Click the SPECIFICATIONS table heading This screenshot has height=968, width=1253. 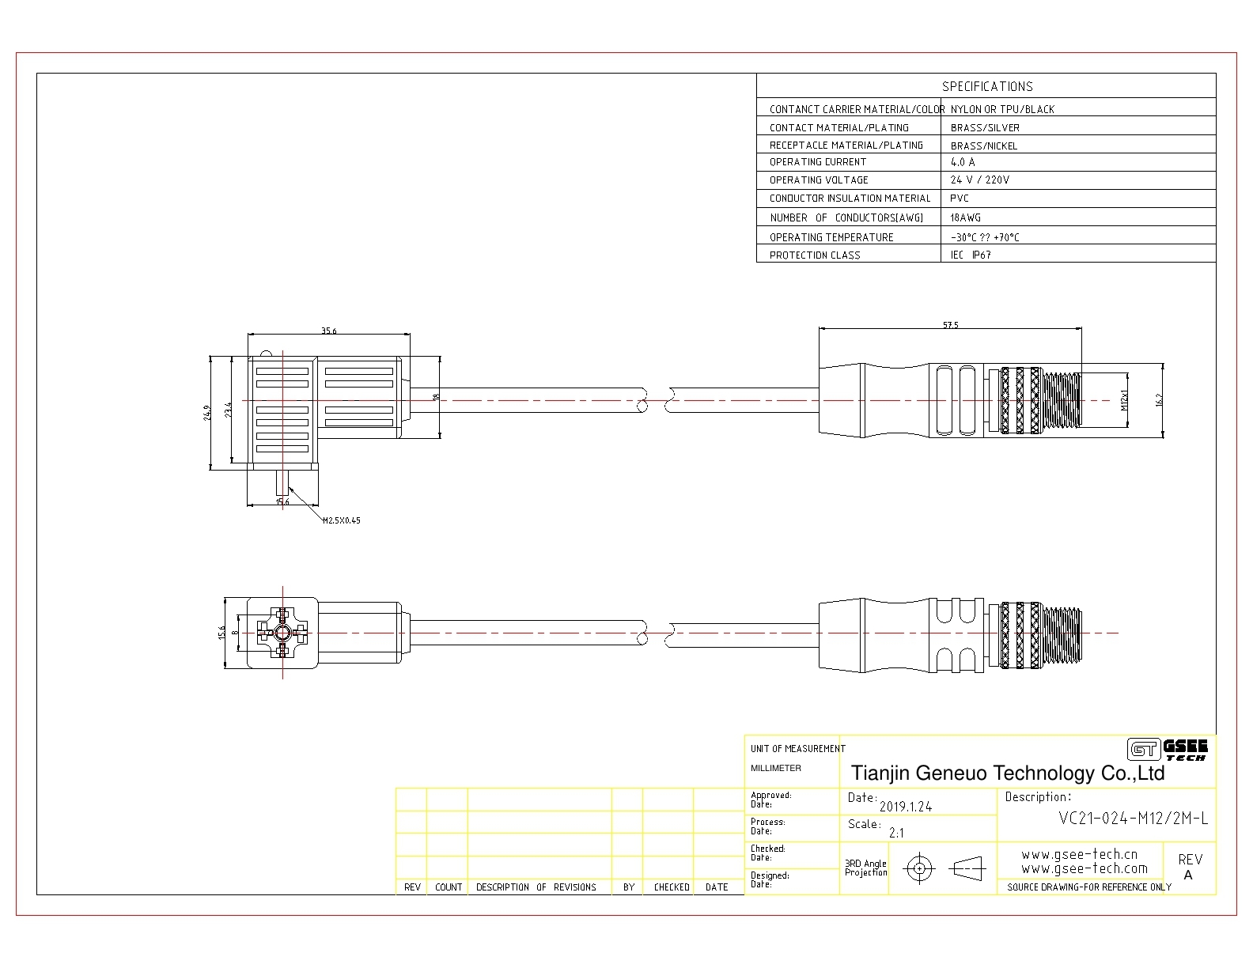(987, 86)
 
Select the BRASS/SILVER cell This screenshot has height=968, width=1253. (985, 128)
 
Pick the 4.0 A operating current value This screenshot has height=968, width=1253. (963, 162)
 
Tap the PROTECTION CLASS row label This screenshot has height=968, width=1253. (815, 255)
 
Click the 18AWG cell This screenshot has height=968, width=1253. (965, 218)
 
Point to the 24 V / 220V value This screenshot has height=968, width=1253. (979, 180)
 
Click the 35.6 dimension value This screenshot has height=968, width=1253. (328, 331)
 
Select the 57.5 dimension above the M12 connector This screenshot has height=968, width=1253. (950, 325)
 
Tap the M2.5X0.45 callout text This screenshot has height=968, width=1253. (342, 520)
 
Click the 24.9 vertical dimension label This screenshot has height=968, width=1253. (207, 413)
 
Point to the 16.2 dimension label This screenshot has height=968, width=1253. (1159, 400)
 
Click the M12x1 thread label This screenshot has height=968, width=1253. (1124, 400)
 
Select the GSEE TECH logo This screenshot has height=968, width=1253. (1168, 750)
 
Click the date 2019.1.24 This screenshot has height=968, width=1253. (905, 807)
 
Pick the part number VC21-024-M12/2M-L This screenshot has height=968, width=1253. (1133, 819)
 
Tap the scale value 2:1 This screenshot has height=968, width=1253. (896, 833)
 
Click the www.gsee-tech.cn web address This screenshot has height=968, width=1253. (1080, 854)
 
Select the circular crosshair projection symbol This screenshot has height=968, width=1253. (919, 868)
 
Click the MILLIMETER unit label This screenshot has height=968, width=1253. (775, 769)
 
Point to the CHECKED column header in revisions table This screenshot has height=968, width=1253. (671, 887)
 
